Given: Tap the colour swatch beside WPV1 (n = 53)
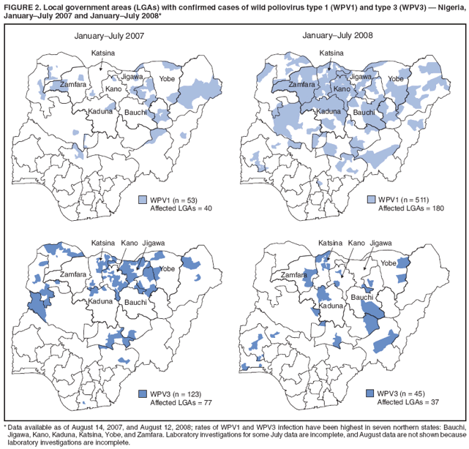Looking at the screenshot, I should pos(143,200).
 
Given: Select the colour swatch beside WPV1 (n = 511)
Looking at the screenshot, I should pos(371,200).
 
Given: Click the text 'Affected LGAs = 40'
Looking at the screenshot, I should pos(181,209).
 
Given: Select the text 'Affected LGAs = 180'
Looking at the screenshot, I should pos(411,209).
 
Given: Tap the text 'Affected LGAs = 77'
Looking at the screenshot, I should pos(181,403).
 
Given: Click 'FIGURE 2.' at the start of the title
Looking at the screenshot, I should pos(23,7).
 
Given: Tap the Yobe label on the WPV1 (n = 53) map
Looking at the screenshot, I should pos(167,79).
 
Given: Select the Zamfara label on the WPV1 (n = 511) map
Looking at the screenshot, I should pos(301,85).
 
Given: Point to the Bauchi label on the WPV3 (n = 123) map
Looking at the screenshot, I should pos(136,301).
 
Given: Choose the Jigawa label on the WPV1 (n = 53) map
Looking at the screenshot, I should pos(132,77).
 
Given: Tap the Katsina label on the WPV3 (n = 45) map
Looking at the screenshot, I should pos(330,243).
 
